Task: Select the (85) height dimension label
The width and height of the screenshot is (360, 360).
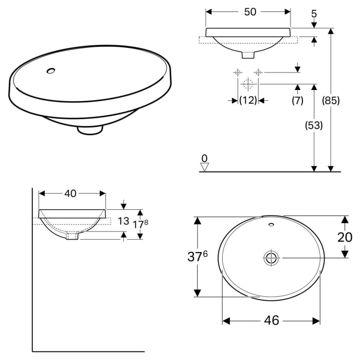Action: [331, 101]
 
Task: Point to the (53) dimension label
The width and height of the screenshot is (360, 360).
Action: [313, 125]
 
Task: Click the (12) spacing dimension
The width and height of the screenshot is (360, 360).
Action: [248, 101]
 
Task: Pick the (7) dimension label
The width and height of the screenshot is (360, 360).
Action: [298, 101]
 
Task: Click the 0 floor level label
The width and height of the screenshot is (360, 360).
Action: [205, 158]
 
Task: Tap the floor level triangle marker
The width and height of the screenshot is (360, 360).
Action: [205, 167]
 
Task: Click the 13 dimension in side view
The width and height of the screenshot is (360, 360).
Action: [123, 221]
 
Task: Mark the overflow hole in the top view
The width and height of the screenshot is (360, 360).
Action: [271, 225]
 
